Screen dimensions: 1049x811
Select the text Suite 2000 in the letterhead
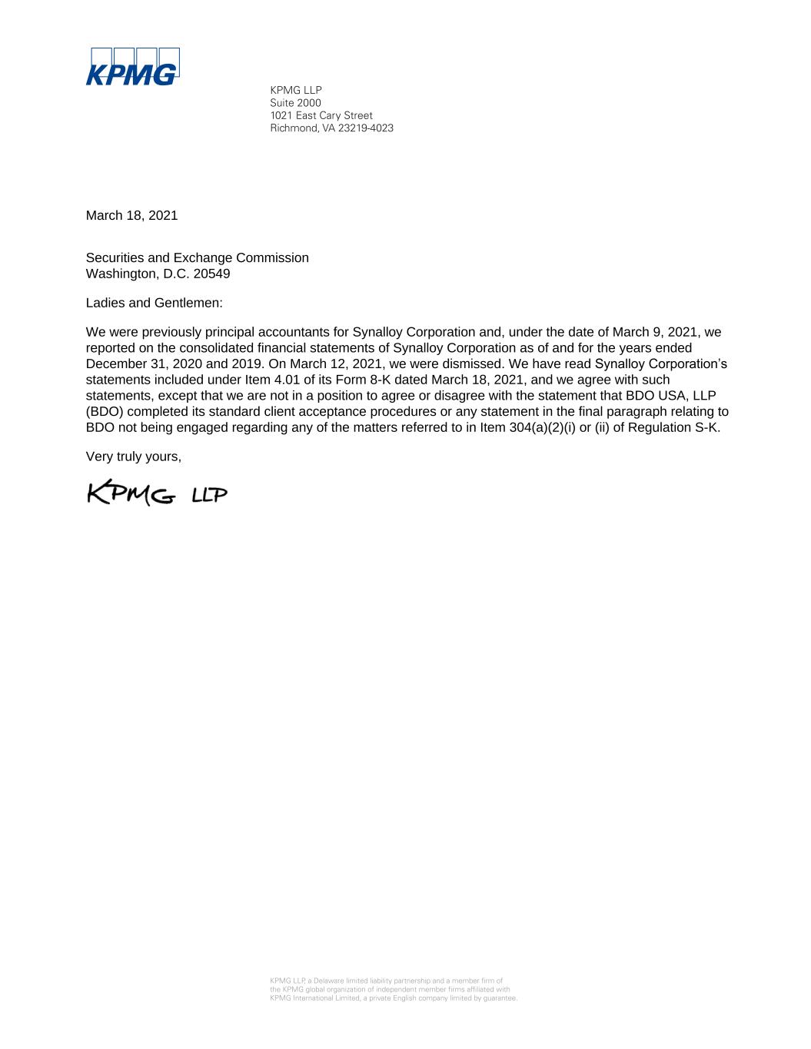[295, 103]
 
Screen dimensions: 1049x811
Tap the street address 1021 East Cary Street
[321, 115]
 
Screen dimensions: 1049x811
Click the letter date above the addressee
[131, 216]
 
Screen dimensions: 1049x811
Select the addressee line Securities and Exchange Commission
[197, 258]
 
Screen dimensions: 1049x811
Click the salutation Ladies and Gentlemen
[154, 303]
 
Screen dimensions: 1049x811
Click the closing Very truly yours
[133, 456]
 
